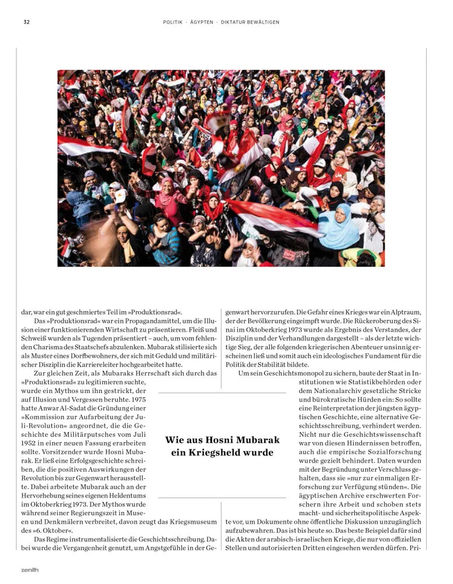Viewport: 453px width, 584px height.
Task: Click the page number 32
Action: [26, 22]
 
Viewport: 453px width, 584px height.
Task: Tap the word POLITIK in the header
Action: [174, 22]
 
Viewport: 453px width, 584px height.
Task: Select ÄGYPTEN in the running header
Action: [202, 22]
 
